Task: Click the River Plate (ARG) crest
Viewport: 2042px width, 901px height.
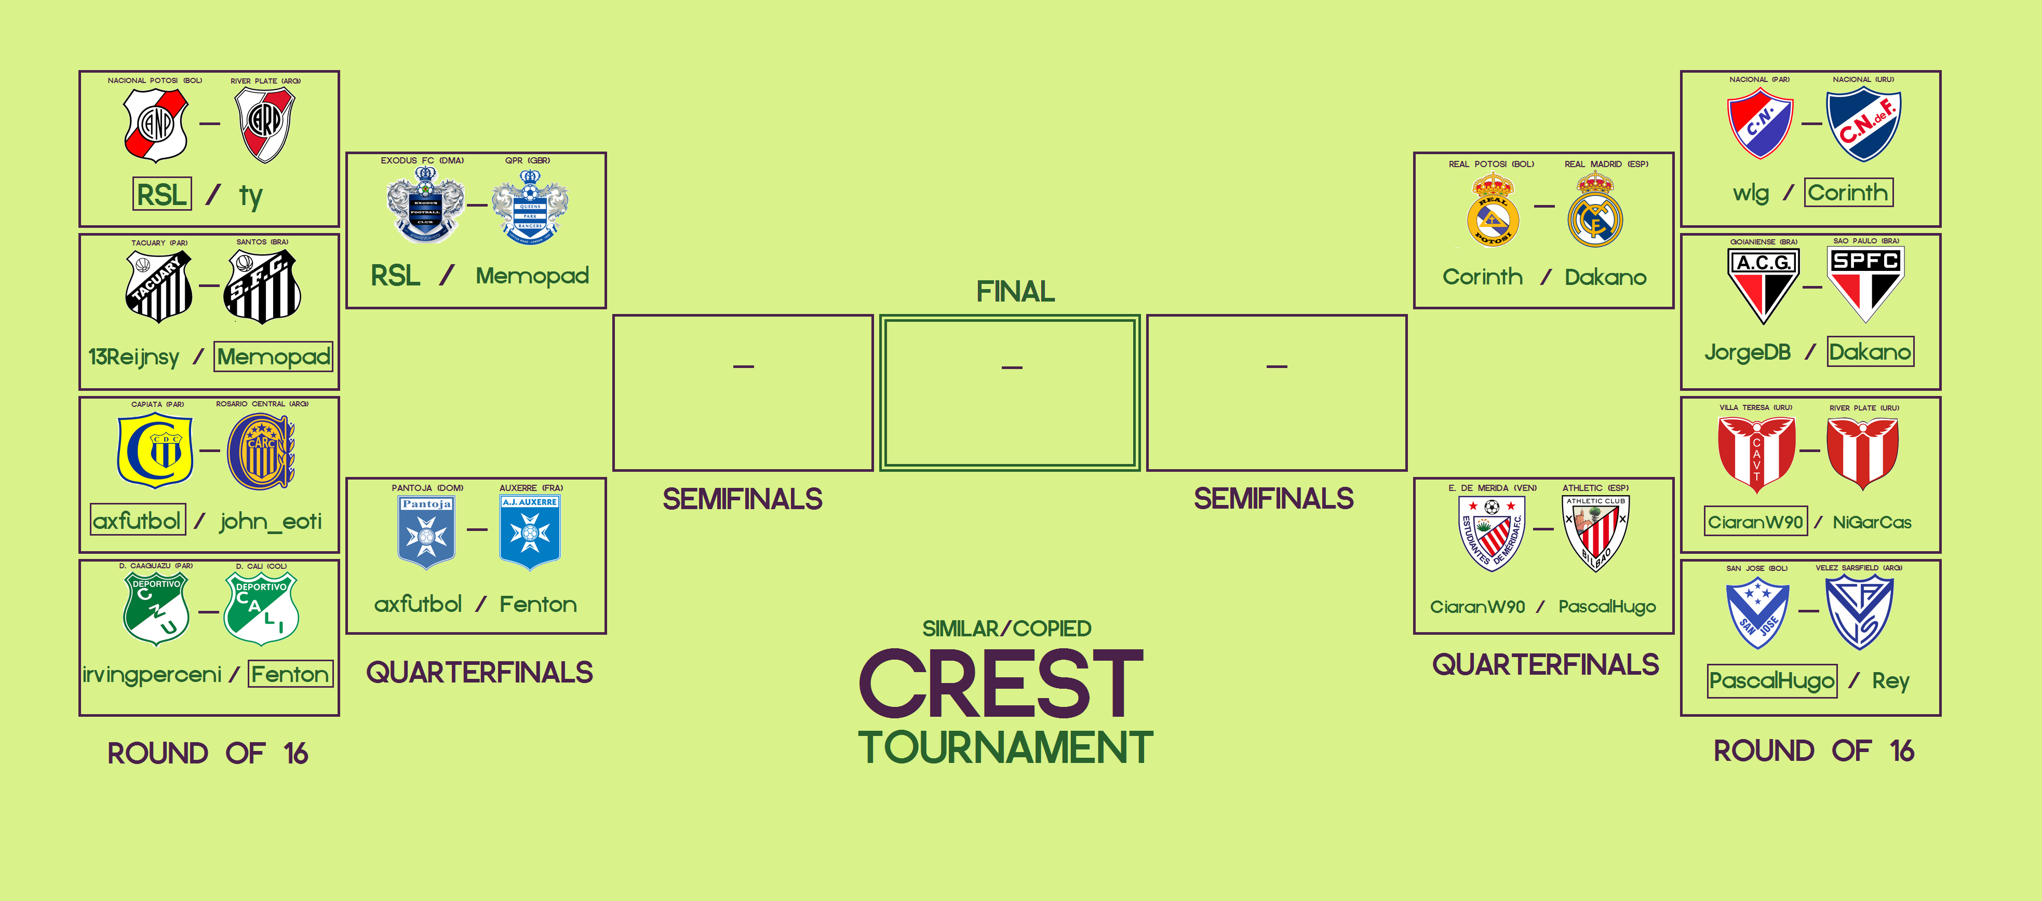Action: coord(265,125)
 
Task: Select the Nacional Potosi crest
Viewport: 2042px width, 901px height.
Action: coord(156,125)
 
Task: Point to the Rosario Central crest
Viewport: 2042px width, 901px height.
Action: coord(261,452)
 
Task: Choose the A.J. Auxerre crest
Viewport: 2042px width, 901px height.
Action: coord(530,531)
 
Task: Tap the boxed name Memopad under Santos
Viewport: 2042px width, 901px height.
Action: coord(274,357)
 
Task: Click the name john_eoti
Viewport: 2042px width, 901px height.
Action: coord(271,522)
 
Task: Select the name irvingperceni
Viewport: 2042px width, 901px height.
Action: coord(152,674)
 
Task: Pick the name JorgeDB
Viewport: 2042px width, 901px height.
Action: coord(1747,352)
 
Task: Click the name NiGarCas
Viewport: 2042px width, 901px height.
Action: coord(1872,522)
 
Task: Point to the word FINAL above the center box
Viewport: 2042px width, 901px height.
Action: coord(1015,292)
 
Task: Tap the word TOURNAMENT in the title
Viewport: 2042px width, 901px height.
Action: coord(1005,748)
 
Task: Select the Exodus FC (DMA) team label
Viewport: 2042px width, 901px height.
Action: coord(422,160)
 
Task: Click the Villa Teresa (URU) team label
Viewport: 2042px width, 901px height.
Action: coord(1755,407)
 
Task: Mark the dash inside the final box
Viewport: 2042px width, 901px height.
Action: coord(1012,367)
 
